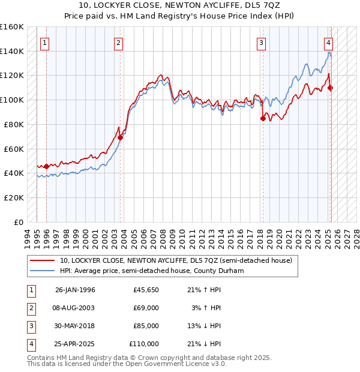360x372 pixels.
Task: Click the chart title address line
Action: pyautogui.click(x=179, y=6)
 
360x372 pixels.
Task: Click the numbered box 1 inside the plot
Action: pyautogui.click(x=46, y=43)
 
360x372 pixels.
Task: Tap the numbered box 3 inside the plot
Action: pyautogui.click(x=262, y=43)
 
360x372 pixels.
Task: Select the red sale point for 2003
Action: pyautogui.click(x=121, y=137)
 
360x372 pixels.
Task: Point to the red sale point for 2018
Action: pyautogui.click(x=263, y=118)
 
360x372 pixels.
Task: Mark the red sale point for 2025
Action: pyautogui.click(x=331, y=88)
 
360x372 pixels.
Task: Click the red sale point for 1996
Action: pyautogui.click(x=47, y=166)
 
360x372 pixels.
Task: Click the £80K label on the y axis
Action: pyautogui.click(x=14, y=124)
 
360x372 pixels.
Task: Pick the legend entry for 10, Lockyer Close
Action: pyautogui.click(x=175, y=260)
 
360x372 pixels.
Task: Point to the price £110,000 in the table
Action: pyautogui.click(x=144, y=344)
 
